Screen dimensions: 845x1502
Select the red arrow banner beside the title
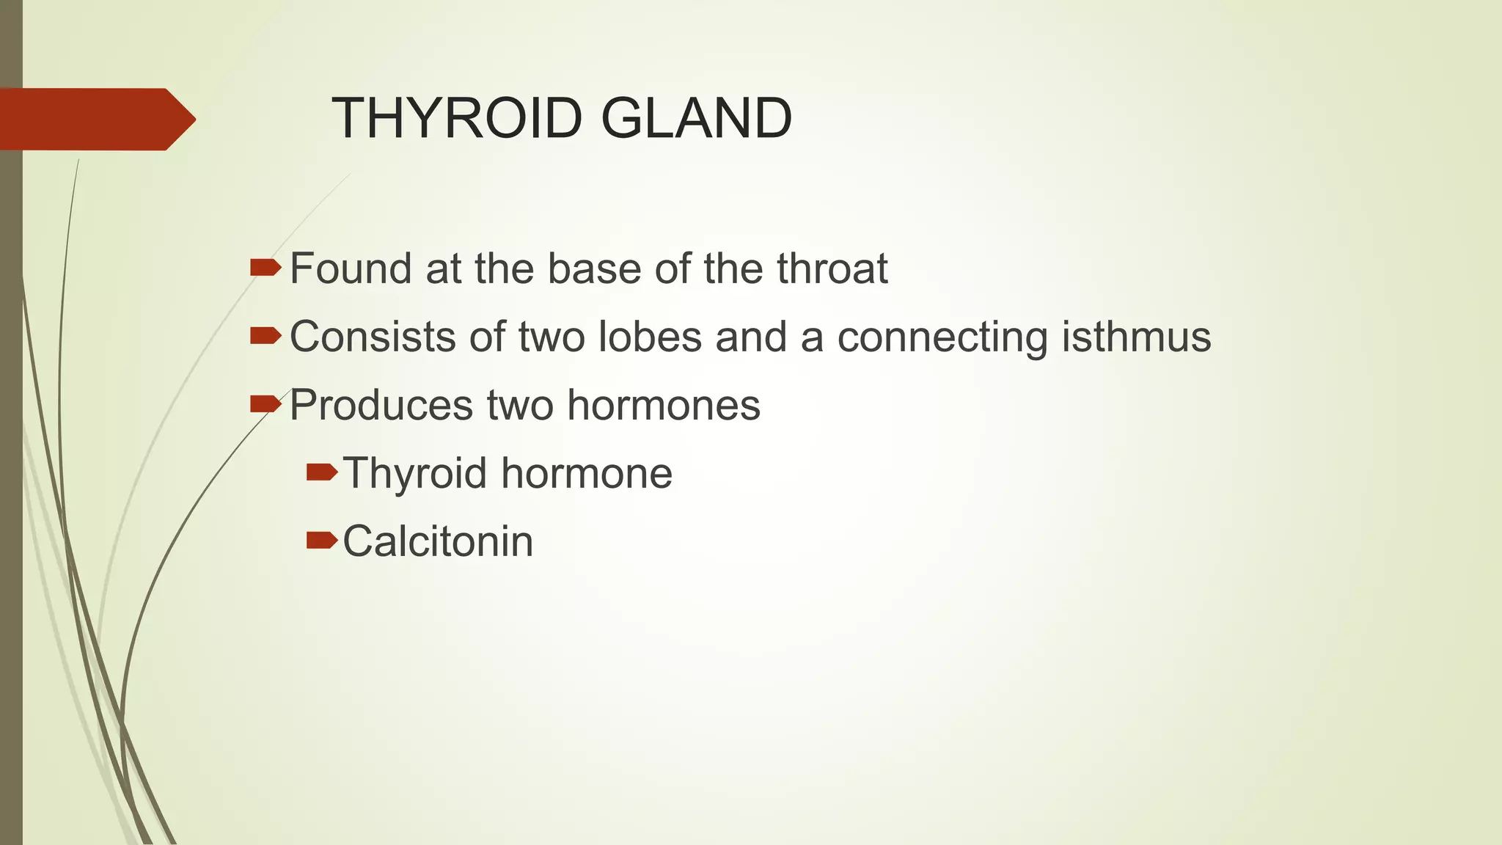[95, 119]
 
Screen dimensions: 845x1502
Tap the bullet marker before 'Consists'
[265, 335]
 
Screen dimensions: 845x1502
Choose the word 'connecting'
[942, 338]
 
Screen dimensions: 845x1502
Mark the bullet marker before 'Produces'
[265, 403]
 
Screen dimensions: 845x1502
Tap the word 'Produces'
[381, 406]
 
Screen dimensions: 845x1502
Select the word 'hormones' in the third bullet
[664, 405]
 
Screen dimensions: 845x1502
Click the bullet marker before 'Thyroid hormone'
[321, 472]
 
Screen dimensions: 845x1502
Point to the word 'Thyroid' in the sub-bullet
[415, 474]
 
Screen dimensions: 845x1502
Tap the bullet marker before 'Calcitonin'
[321, 541]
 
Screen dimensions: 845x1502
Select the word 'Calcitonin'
[438, 541]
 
